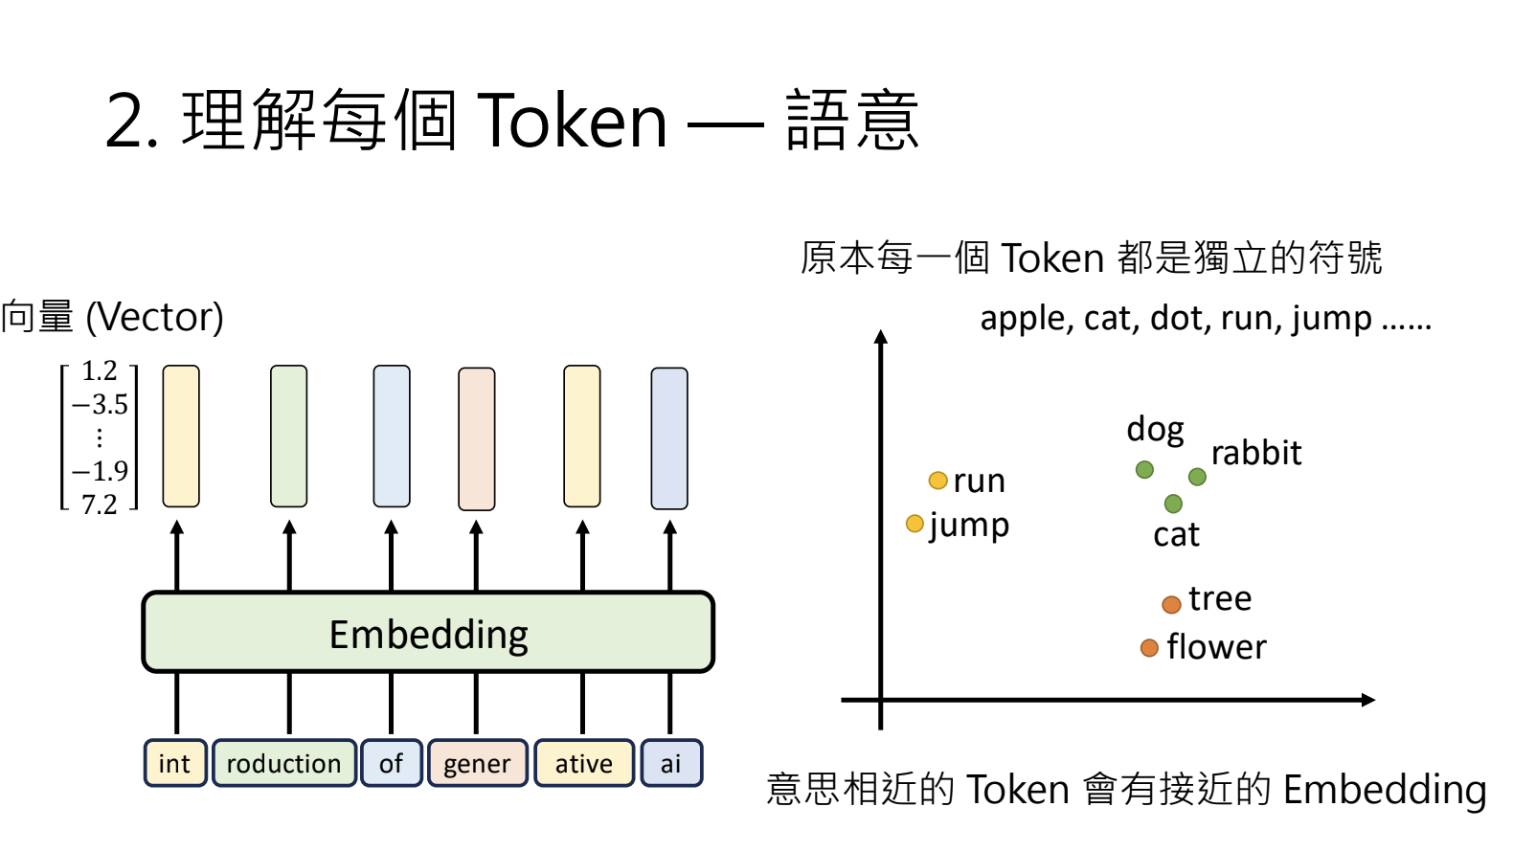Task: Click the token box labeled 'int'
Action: pos(175,763)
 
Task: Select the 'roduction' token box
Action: pos(284,763)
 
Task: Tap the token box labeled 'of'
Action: pos(391,763)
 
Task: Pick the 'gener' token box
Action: pos(477,763)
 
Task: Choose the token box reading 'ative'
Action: pos(584,763)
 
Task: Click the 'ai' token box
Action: pos(671,763)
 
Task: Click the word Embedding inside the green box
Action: pos(428,636)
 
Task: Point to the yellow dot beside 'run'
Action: pos(938,481)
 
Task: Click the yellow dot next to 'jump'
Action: pos(915,524)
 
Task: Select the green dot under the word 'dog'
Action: pos(1144,469)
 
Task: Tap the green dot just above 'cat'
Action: pos(1173,503)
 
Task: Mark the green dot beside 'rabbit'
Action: pos(1197,477)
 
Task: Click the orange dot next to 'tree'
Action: pos(1171,604)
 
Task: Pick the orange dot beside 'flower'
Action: pos(1149,647)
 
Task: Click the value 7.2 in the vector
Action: pos(100,504)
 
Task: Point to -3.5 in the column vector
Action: pos(100,404)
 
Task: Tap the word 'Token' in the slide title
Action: pos(572,122)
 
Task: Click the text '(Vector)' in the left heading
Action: pos(155,317)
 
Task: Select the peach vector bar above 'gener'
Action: pos(477,438)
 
